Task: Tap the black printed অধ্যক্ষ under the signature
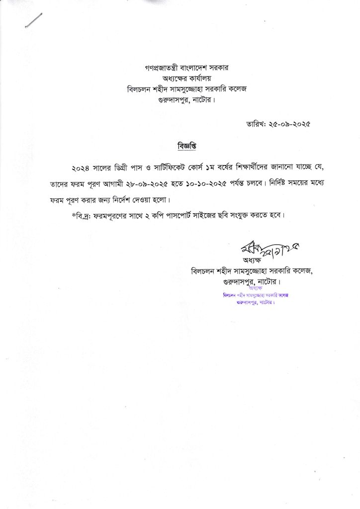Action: [x=253, y=260]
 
